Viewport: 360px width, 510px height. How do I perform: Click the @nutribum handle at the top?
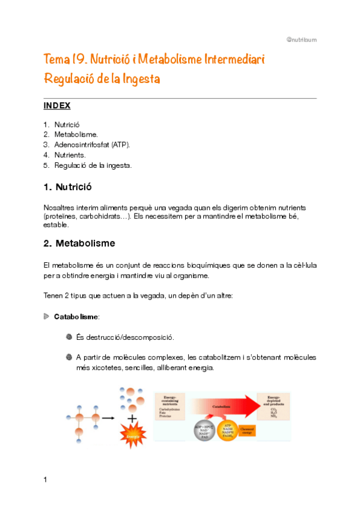tap(301, 40)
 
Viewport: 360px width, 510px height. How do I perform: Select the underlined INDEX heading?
tap(57, 106)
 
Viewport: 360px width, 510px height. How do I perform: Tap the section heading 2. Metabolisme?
tap(79, 244)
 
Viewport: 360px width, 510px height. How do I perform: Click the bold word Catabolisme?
tap(77, 316)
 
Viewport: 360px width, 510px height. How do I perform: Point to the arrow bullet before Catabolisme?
tap(47, 316)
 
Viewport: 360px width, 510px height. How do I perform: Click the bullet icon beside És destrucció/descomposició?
tap(68, 337)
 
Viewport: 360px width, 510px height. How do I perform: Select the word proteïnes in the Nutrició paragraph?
tap(62, 216)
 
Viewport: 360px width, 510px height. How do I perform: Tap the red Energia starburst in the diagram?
tap(132, 433)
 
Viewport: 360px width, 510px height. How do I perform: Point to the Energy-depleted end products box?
tap(273, 407)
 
